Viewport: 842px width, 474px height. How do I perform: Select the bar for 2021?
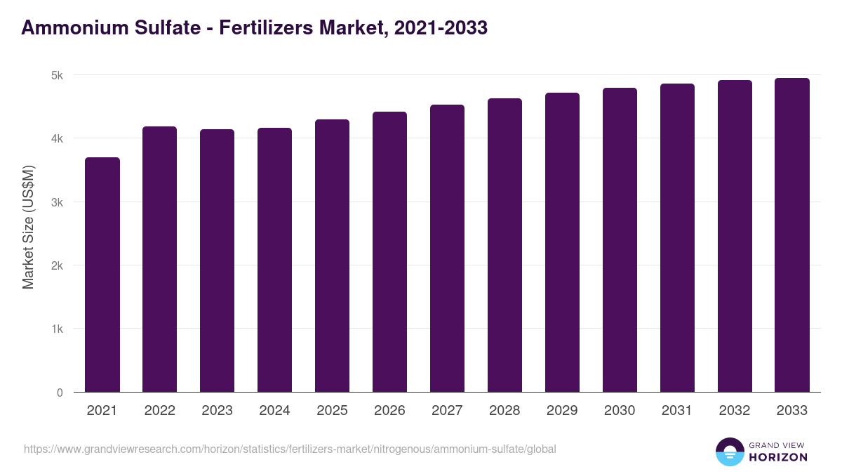point(102,275)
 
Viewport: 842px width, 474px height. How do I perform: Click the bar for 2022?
point(160,259)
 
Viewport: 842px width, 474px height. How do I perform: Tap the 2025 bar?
point(332,256)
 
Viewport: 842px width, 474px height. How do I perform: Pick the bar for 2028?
point(504,245)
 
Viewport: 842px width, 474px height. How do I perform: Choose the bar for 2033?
point(792,235)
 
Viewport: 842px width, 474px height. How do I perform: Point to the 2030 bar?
point(620,239)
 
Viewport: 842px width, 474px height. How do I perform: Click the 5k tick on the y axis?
point(57,75)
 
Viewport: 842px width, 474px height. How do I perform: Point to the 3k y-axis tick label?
point(57,202)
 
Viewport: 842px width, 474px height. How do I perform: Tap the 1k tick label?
point(57,329)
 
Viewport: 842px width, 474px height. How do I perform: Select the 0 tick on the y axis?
point(60,393)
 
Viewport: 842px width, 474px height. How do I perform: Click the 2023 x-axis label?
point(218,411)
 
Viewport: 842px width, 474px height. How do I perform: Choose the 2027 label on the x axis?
point(447,411)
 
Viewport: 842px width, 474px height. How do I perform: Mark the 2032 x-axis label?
point(735,411)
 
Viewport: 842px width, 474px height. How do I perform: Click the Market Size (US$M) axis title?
point(28,227)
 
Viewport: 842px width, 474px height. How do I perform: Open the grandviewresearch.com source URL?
point(290,449)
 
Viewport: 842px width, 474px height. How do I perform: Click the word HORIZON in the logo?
point(778,457)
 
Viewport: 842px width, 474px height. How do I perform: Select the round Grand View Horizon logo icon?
point(730,452)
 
